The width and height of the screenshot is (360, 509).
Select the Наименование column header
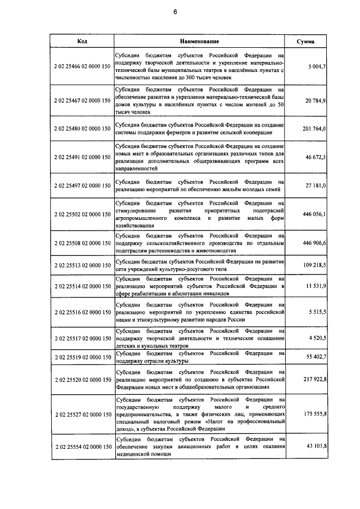point(199,42)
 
